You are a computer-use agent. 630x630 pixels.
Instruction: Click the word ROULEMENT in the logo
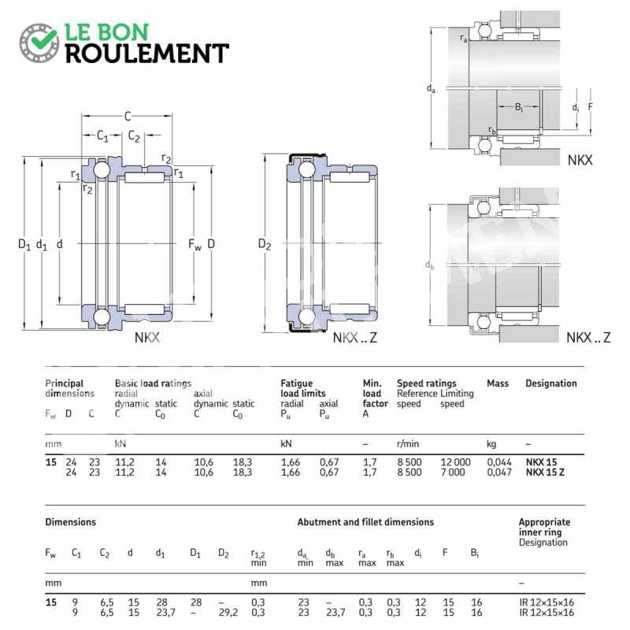click(x=147, y=54)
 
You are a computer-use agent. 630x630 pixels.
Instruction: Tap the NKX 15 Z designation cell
click(x=545, y=472)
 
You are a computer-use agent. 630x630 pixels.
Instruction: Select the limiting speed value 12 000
click(x=455, y=462)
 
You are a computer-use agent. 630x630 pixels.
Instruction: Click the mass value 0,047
click(x=499, y=472)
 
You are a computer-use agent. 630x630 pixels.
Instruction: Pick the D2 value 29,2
click(x=228, y=613)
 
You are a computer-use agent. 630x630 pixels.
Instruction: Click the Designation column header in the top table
click(x=550, y=384)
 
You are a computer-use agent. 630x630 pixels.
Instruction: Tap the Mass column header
click(x=498, y=384)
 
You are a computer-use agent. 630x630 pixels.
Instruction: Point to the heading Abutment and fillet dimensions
click(x=365, y=522)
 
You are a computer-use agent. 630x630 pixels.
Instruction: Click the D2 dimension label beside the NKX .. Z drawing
click(x=265, y=244)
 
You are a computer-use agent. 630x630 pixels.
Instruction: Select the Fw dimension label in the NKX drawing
click(x=195, y=244)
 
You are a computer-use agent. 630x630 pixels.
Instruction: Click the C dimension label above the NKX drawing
click(x=128, y=116)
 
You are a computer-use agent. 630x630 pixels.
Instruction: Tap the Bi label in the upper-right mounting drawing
click(x=519, y=107)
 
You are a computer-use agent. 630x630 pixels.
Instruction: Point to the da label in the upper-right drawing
click(x=431, y=88)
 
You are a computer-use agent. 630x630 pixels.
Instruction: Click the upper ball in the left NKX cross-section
click(x=102, y=169)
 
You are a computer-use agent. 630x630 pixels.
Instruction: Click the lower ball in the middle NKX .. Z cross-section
click(x=306, y=317)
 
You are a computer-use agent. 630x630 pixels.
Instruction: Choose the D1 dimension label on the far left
click(x=24, y=244)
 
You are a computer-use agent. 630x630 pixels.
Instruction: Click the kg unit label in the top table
click(x=491, y=444)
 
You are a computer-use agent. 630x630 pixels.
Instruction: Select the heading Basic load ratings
click(x=153, y=384)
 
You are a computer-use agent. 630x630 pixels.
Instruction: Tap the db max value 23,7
click(x=335, y=613)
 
